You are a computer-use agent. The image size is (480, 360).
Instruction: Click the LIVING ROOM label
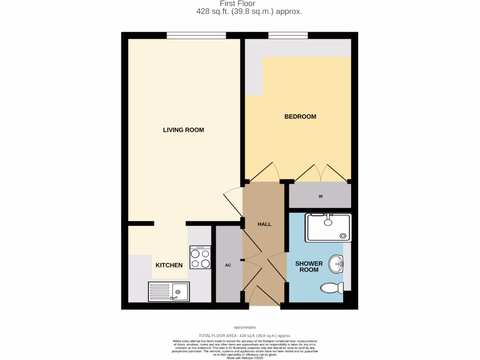pos(183,130)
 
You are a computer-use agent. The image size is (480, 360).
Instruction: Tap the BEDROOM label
pos(300,117)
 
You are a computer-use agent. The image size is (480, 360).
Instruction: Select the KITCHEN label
pos(169,265)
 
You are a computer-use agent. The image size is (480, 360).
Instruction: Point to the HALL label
pos(264,224)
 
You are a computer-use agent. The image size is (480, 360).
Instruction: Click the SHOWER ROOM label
pos(309,267)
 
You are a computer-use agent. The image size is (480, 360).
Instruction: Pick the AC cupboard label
pos(228,265)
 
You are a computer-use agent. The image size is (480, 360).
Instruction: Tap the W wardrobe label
pos(321,196)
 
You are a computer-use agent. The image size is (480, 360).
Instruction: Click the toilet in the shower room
pos(332,287)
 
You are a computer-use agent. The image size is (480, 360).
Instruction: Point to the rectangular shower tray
pos(328,228)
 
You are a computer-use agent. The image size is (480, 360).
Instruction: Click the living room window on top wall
pos(196,35)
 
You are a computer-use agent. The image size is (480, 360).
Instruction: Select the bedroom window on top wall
pos(288,35)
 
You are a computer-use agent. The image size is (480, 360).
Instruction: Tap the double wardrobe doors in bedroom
pos(322,173)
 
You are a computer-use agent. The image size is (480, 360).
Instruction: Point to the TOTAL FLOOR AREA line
pos(245,336)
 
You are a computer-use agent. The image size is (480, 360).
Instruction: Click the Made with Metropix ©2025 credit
pos(245,358)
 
